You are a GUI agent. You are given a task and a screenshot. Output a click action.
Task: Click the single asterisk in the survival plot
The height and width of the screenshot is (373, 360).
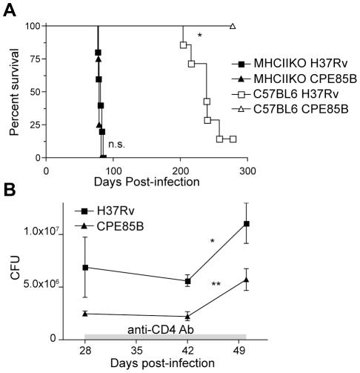(199, 35)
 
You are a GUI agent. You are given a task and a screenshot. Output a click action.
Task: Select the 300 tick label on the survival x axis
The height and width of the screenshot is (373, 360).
(248, 169)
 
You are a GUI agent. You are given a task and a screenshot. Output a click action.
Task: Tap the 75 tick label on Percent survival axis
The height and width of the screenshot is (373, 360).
(33, 59)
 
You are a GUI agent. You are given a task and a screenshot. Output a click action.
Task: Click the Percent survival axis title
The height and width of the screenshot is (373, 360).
(13, 91)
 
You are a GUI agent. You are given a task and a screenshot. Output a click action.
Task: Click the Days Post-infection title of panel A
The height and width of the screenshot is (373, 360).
(147, 182)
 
